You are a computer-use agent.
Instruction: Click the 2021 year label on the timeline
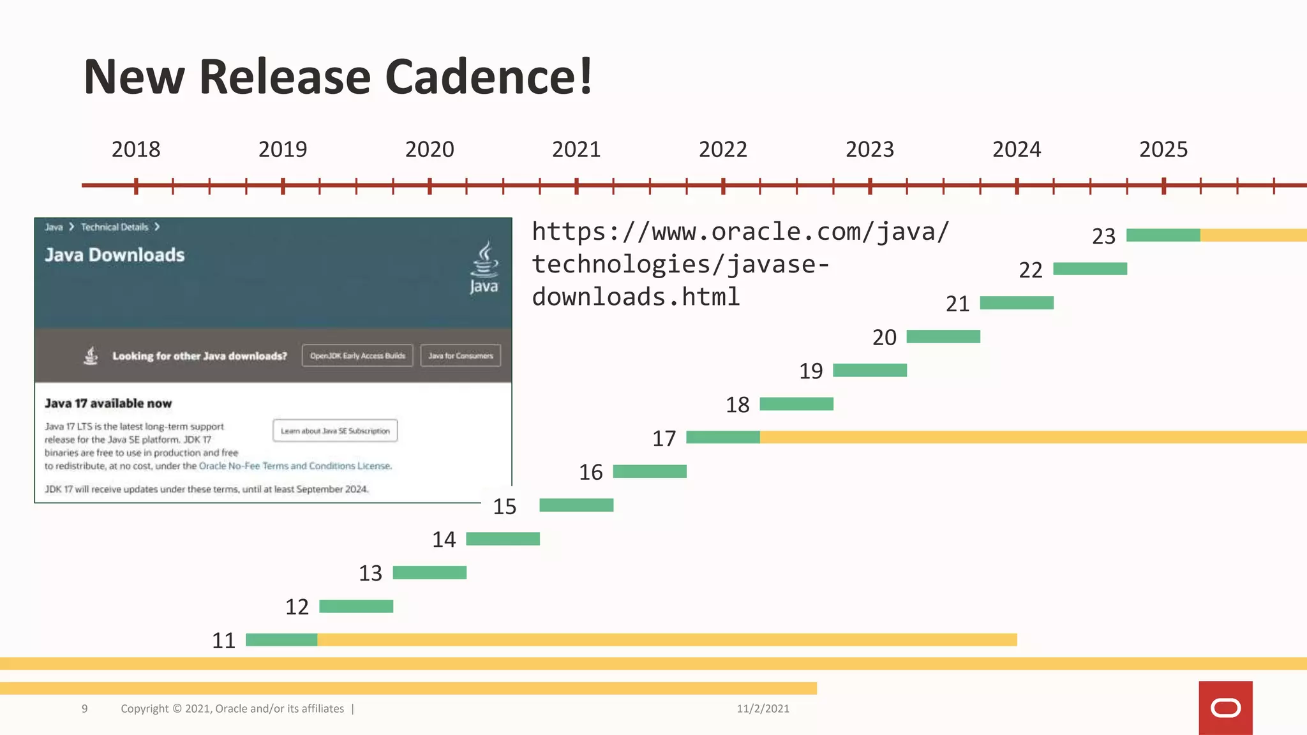(576, 149)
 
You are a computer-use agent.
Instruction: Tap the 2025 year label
(1163, 149)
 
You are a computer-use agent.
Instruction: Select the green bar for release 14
(503, 539)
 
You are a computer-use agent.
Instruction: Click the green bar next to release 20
(943, 336)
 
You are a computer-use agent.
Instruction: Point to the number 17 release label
(664, 438)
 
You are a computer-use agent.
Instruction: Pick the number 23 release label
(1103, 236)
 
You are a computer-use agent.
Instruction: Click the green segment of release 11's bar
(281, 640)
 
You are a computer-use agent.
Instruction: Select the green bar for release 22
(1090, 269)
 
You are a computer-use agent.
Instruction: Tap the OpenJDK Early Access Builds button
(357, 355)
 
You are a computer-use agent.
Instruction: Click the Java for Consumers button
(460, 355)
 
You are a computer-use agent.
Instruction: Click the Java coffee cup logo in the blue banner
(484, 267)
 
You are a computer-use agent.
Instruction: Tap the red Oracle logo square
(1225, 708)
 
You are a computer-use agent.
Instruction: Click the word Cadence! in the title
(489, 77)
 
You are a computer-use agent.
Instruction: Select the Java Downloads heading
(115, 255)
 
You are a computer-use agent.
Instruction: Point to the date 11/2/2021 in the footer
(763, 708)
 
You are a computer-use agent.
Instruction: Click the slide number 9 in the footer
(84, 708)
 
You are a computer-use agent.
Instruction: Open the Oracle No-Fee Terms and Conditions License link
(295, 466)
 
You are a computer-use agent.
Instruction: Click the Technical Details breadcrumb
(114, 227)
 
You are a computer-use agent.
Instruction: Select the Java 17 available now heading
(108, 403)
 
